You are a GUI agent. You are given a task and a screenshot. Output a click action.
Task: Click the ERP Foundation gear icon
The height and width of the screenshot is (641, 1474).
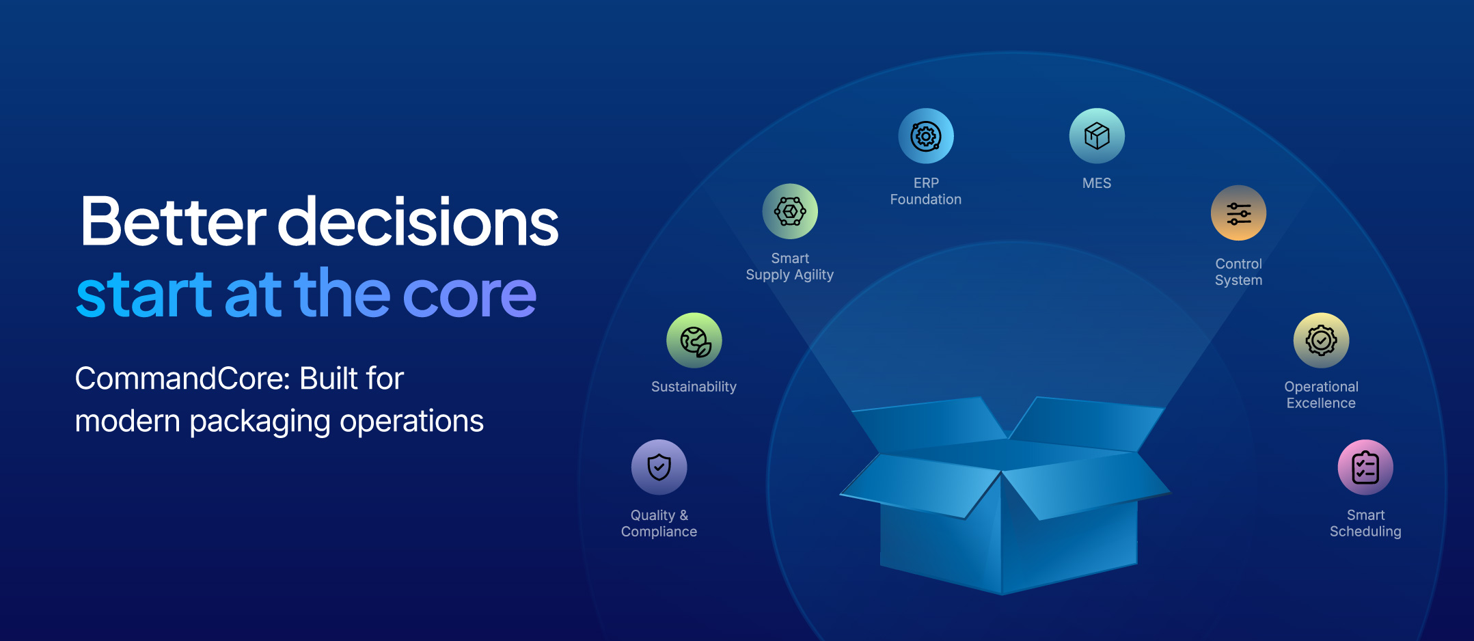click(x=926, y=136)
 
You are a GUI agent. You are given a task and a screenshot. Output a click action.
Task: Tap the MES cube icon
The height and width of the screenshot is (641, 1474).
click(x=1097, y=136)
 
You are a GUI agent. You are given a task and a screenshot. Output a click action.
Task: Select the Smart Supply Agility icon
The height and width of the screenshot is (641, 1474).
click(x=790, y=211)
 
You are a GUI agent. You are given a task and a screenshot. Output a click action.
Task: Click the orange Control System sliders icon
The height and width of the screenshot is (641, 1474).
click(x=1238, y=213)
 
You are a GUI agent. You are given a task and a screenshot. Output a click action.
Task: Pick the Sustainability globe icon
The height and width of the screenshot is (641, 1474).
click(x=694, y=340)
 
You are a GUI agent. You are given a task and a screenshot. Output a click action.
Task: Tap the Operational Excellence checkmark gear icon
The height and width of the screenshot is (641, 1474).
click(x=1321, y=340)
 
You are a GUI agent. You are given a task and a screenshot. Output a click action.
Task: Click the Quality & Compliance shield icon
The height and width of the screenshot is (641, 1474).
click(x=659, y=467)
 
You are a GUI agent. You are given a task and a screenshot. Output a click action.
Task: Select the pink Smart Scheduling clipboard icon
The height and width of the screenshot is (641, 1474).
click(x=1365, y=467)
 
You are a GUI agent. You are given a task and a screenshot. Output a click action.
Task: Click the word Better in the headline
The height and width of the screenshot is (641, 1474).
click(x=172, y=222)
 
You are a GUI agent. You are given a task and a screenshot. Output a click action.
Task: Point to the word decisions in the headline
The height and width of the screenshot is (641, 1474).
click(x=418, y=222)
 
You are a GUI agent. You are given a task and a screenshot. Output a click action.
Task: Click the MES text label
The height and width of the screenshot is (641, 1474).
click(x=1097, y=183)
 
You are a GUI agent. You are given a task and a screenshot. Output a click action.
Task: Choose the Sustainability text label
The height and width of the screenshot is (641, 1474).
click(x=694, y=387)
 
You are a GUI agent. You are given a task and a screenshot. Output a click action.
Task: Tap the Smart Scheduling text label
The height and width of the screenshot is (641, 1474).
click(x=1365, y=523)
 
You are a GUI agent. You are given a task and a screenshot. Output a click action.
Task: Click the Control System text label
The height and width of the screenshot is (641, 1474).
click(x=1238, y=272)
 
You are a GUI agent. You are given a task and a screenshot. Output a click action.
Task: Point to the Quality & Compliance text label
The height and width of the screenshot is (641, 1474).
click(x=659, y=523)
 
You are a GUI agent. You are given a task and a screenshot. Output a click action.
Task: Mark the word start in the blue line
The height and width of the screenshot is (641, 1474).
click(x=144, y=295)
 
